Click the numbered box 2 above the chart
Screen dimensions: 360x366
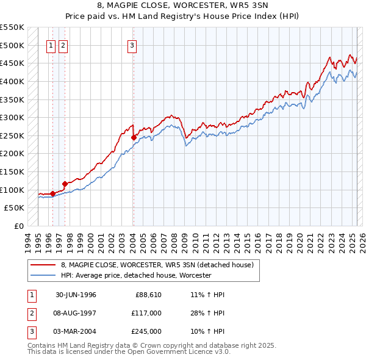(x=63, y=44)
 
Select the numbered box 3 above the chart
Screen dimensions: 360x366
(x=132, y=44)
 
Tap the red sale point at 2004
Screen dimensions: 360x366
(x=134, y=138)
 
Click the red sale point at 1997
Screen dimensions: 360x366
(x=65, y=183)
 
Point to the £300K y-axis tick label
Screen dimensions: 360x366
(x=12, y=117)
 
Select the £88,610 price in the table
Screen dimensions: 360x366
(x=148, y=295)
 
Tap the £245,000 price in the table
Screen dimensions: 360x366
(x=146, y=331)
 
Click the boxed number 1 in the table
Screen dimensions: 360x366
(x=30, y=295)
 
